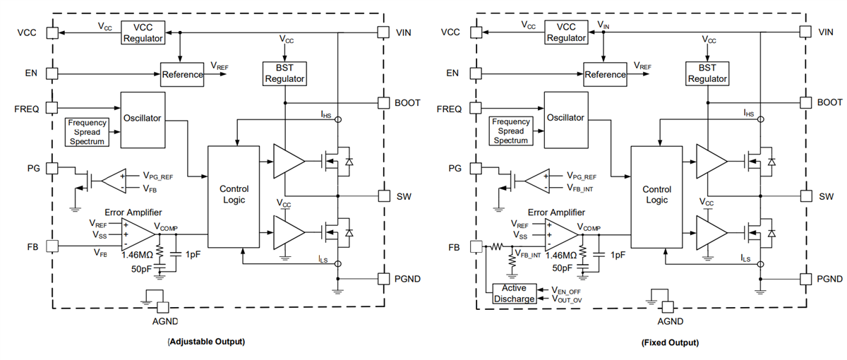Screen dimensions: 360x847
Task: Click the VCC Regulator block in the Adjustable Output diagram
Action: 143,32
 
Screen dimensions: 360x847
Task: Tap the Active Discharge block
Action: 513,293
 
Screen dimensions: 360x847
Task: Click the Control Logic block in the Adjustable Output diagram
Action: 233,196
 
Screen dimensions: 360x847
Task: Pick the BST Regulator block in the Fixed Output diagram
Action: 707,73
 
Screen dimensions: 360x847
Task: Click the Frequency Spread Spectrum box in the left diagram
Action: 87,132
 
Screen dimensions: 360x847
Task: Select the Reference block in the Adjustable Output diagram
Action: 182,74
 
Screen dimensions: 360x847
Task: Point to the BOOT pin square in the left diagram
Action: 383,102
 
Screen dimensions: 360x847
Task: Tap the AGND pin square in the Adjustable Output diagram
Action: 162,307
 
